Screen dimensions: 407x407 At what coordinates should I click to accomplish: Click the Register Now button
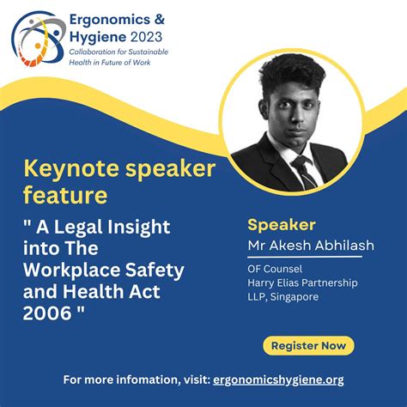pyautogui.click(x=307, y=346)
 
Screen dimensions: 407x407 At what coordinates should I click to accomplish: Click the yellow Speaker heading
pyautogui.click(x=281, y=226)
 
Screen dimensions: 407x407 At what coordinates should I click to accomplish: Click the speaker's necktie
pyautogui.click(x=303, y=172)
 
